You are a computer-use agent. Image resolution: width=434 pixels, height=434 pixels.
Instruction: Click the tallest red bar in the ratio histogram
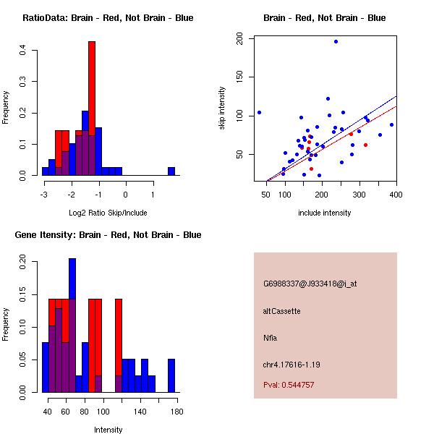92,109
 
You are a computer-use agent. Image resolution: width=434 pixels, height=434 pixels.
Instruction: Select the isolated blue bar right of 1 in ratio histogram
171,171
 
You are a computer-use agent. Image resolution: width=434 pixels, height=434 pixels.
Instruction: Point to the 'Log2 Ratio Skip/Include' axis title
108,213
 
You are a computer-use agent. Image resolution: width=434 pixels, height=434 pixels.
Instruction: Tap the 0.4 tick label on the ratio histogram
23,50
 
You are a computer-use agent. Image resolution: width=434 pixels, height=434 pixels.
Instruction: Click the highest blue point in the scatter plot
336,41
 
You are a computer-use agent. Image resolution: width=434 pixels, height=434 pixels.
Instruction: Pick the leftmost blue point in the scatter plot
259,112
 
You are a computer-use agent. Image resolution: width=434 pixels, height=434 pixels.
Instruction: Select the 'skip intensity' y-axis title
222,109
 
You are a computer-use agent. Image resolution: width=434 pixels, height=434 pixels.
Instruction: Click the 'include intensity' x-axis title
324,213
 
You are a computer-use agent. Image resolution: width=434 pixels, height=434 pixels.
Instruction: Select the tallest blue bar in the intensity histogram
72,325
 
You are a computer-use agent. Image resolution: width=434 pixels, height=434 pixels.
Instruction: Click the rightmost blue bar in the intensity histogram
171,375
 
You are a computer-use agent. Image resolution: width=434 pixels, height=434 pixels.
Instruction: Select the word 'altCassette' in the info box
281,311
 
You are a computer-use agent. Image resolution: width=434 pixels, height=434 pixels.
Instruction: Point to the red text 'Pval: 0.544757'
289,385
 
